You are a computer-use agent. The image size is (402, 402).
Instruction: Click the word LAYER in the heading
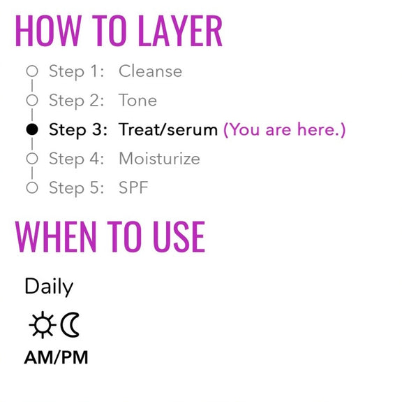tap(180, 31)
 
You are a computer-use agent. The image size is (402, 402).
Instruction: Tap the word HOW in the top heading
tap(48, 31)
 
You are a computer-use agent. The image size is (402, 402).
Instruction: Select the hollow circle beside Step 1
tap(32, 71)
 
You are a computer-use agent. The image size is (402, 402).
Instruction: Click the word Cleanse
tap(151, 71)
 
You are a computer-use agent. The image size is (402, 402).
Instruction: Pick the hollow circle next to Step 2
tap(32, 100)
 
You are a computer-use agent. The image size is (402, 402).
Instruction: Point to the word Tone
tap(137, 100)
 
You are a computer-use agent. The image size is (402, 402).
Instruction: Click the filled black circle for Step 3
tap(32, 129)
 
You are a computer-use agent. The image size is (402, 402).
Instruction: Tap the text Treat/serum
tap(168, 129)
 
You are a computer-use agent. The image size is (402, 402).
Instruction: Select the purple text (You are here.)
tap(285, 129)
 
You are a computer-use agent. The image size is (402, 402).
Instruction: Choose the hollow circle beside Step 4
tap(32, 159)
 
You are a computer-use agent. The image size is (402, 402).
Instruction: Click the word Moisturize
tap(159, 159)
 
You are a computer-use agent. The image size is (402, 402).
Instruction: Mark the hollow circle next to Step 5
tap(32, 187)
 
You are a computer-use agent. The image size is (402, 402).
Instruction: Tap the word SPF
tap(133, 187)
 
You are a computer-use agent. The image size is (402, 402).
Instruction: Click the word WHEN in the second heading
tap(56, 236)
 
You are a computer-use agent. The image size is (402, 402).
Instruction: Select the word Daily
tap(49, 287)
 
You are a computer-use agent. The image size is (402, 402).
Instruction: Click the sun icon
tap(43, 325)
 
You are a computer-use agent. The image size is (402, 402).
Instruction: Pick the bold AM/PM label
tap(56, 357)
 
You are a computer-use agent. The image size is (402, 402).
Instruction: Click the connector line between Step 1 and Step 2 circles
tap(32, 85)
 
